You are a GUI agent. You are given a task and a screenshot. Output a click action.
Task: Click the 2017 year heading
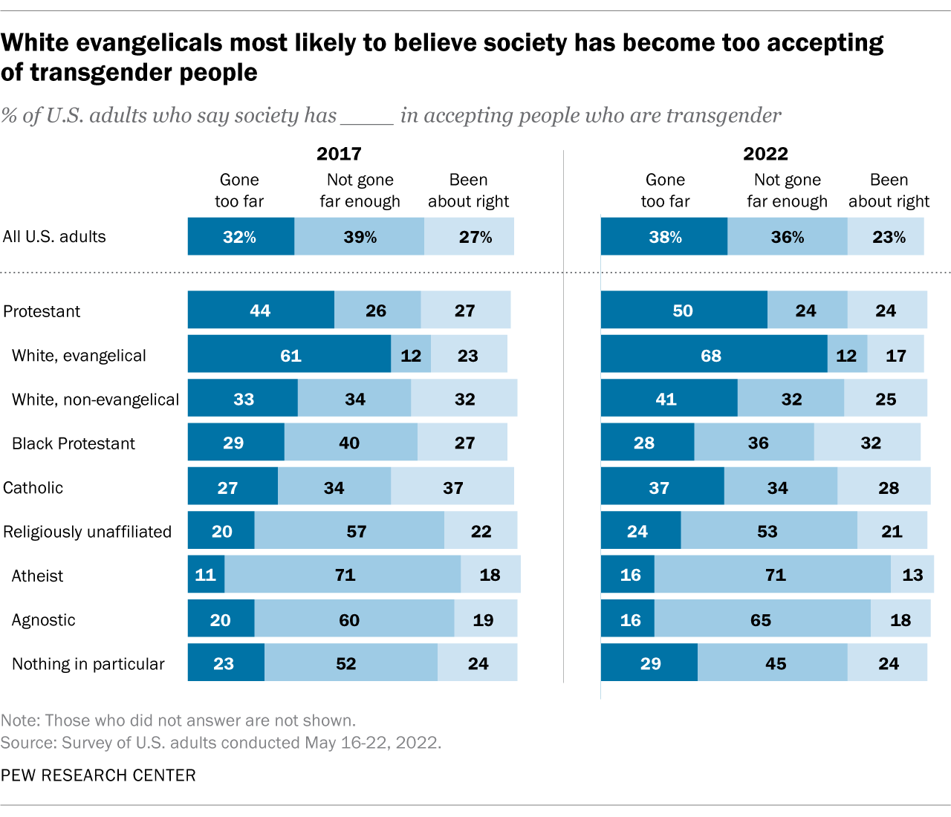pyautogui.click(x=339, y=154)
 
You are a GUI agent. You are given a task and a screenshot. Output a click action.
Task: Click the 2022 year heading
pyautogui.click(x=765, y=154)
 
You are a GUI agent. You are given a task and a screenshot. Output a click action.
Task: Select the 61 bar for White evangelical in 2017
pyautogui.click(x=290, y=355)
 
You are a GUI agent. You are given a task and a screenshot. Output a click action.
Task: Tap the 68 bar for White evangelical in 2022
pyautogui.click(x=713, y=355)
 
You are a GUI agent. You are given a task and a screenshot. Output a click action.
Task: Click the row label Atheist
pyautogui.click(x=37, y=576)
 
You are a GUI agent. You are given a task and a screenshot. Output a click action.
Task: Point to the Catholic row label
pyautogui.click(x=33, y=488)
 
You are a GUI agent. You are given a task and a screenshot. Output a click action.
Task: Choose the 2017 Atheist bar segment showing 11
pyautogui.click(x=206, y=575)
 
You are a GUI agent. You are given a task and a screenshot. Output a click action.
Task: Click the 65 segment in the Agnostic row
pyautogui.click(x=762, y=619)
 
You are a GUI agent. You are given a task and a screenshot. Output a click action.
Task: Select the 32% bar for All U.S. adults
pyautogui.click(x=240, y=237)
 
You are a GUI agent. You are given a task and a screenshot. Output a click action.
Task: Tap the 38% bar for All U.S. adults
pyautogui.click(x=664, y=237)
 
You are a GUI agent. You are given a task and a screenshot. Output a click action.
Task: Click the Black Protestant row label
pyautogui.click(x=74, y=443)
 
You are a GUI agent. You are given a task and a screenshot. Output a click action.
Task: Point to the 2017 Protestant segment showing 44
pyautogui.click(x=260, y=310)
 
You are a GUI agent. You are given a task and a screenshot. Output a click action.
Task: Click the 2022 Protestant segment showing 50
pyautogui.click(x=684, y=310)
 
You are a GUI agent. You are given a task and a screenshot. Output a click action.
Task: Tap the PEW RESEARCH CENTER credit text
pyautogui.click(x=98, y=775)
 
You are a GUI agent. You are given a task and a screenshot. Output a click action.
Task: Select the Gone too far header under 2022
pyautogui.click(x=665, y=191)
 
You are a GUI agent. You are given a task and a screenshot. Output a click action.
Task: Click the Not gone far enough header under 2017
pyautogui.click(x=360, y=191)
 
